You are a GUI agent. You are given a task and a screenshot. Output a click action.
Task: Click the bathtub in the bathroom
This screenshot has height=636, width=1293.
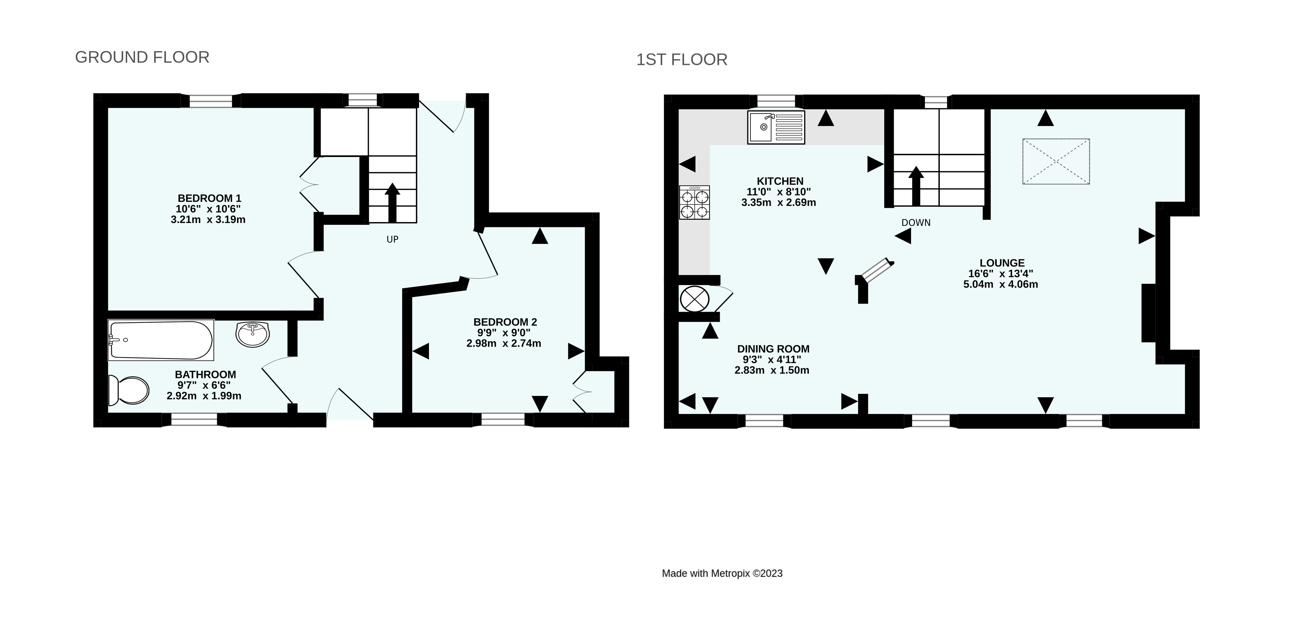(x=161, y=340)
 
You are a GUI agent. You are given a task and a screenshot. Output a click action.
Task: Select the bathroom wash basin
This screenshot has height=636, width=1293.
(x=253, y=334)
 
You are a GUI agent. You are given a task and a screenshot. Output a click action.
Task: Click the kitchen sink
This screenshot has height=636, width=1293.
(x=776, y=127)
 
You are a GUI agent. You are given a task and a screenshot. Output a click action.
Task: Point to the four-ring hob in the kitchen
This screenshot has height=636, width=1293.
(x=695, y=202)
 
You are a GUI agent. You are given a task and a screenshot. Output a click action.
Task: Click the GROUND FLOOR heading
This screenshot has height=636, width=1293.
(x=142, y=57)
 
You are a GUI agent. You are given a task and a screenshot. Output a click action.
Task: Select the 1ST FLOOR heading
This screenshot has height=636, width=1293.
(x=681, y=60)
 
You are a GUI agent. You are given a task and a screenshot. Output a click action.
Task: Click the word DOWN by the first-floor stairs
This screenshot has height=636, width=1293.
(x=916, y=223)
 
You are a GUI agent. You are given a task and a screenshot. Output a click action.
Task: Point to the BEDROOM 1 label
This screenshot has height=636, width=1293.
(x=209, y=198)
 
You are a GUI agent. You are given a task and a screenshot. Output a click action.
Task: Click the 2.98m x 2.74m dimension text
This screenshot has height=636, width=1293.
(x=504, y=344)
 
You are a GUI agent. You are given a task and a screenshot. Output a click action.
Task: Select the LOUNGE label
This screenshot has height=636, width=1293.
(x=1002, y=263)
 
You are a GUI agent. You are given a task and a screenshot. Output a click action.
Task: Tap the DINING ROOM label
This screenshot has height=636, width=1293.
(x=773, y=349)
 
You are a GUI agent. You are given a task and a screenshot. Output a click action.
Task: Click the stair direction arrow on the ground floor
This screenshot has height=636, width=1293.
(x=392, y=203)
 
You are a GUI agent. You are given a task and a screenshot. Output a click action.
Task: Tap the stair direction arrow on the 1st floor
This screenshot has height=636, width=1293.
(x=916, y=186)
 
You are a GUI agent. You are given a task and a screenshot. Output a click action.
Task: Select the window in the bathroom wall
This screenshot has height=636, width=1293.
(x=194, y=420)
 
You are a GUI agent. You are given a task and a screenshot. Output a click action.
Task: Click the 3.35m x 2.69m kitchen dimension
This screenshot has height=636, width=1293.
(x=779, y=203)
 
